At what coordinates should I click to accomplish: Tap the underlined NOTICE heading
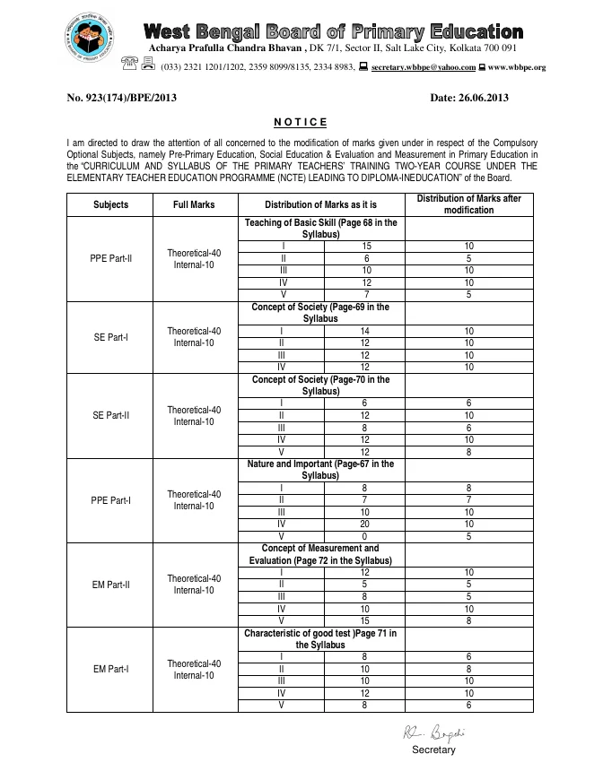point(301,122)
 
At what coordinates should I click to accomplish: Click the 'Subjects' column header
point(110,204)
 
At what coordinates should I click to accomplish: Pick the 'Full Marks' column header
point(194,204)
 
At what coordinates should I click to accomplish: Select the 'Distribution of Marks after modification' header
point(468,204)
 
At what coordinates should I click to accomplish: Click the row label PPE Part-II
point(110,258)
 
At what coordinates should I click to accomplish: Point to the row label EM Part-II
point(110,585)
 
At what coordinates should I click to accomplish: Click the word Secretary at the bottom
point(433,750)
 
